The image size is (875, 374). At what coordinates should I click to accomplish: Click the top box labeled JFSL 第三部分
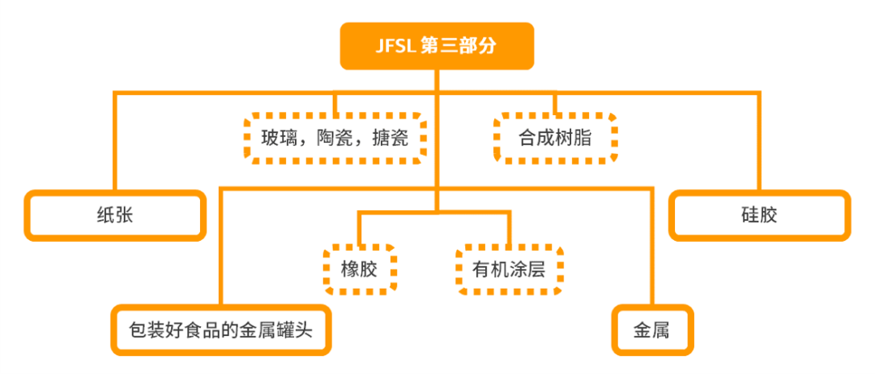pos(437,46)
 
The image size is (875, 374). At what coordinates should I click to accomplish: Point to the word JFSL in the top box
pos(397,46)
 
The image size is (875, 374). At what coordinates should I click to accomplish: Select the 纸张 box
pos(113,216)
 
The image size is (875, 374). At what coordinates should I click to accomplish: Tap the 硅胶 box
pos(759,216)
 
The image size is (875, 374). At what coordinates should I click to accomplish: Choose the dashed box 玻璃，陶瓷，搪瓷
pos(335,139)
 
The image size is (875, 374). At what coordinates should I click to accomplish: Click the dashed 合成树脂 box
pos(555,139)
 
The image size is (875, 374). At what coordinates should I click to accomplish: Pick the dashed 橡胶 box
pos(359,269)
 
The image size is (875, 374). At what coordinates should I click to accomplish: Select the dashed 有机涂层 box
pos(509,269)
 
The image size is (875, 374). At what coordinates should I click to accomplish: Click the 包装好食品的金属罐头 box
pos(220,331)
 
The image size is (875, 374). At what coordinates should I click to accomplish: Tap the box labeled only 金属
pos(652,331)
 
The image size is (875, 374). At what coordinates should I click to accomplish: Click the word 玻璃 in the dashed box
pos(278,139)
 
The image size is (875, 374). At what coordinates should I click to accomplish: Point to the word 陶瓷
pos(334,139)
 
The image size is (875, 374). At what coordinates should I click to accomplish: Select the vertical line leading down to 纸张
pos(114,142)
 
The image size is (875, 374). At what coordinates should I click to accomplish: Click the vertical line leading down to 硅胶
pos(759,142)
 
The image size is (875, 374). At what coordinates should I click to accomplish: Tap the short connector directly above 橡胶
pos(359,229)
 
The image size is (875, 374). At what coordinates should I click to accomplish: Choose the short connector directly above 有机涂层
pos(509,229)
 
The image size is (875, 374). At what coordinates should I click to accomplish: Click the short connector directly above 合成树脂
pos(556,104)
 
